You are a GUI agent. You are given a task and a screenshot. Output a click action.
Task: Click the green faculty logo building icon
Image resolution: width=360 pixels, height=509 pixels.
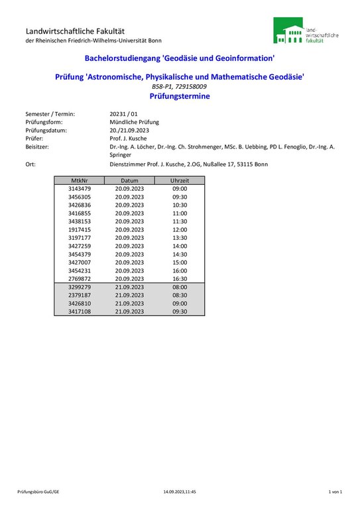coord(289,31)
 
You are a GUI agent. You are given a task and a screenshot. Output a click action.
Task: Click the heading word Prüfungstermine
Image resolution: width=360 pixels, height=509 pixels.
coord(180,96)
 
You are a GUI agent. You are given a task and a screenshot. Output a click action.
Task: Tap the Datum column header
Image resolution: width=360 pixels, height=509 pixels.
coord(129,180)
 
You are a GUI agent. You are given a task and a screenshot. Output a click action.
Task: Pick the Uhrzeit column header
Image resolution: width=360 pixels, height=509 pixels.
coord(179,180)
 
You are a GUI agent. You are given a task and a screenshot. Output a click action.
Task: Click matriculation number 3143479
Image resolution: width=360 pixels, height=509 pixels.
coord(80,189)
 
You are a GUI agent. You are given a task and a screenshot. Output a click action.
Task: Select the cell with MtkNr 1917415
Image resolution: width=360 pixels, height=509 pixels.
coord(80,229)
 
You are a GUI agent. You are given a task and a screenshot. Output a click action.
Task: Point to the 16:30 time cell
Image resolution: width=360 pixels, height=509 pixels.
coord(180,278)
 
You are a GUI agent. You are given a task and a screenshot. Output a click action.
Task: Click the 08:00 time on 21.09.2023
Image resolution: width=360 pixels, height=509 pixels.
coord(180,287)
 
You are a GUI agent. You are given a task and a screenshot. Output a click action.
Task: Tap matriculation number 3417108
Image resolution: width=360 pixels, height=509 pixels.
coord(80,311)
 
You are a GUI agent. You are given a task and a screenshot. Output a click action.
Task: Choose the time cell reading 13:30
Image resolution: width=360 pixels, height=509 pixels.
coord(180,238)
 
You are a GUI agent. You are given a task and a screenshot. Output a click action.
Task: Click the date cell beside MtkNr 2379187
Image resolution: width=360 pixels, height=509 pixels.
coord(129,295)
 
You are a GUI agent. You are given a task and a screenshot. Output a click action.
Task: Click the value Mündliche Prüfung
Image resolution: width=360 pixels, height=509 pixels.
coord(134,122)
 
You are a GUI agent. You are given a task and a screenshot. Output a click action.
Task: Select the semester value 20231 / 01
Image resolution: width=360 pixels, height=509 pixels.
coord(124,114)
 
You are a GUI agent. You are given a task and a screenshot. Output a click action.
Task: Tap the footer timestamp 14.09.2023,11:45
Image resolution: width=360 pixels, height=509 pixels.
coord(180,492)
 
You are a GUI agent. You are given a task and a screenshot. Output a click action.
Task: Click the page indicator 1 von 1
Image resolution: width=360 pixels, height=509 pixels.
coord(335,492)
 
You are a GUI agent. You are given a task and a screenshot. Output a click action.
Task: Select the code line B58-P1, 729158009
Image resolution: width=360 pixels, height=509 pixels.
coord(180,87)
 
